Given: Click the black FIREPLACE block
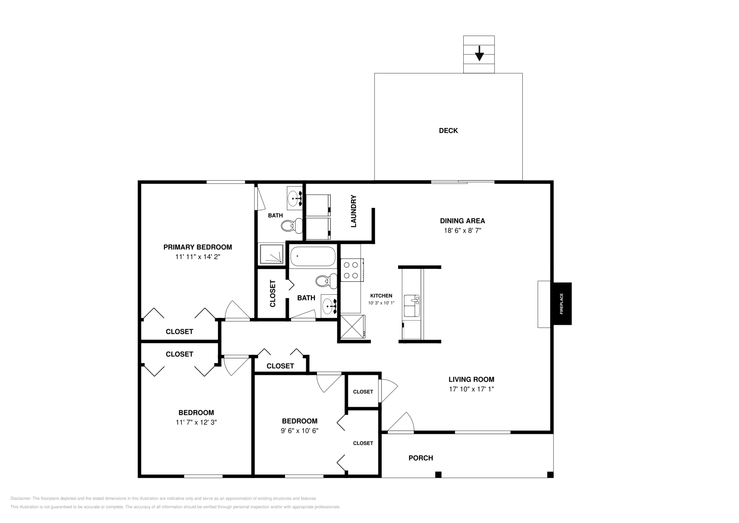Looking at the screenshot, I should pyautogui.click(x=562, y=304).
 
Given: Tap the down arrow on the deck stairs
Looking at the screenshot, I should pyautogui.click(x=479, y=54).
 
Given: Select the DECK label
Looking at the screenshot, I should pyautogui.click(x=448, y=131).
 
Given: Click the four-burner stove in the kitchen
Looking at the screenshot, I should pyautogui.click(x=351, y=270).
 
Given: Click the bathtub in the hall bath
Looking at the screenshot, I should pyautogui.click(x=313, y=256).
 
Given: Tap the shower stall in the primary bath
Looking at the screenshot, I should pyautogui.click(x=271, y=254).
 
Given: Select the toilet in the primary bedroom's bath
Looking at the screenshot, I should pyautogui.click(x=290, y=226).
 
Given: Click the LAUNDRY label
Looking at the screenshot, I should pyautogui.click(x=354, y=211).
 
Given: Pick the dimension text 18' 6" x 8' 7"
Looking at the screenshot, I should pyautogui.click(x=462, y=230).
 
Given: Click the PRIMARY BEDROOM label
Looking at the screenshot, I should pyautogui.click(x=197, y=247).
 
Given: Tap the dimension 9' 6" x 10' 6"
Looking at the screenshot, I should pyautogui.click(x=300, y=430).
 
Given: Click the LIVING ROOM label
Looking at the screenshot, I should pyautogui.click(x=471, y=379).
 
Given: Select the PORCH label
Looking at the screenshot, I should pyautogui.click(x=421, y=458).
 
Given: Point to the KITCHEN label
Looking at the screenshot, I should pyautogui.click(x=381, y=296).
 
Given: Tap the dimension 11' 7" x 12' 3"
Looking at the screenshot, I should pyautogui.click(x=196, y=422).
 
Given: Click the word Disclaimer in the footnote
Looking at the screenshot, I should pyautogui.click(x=20, y=499).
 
